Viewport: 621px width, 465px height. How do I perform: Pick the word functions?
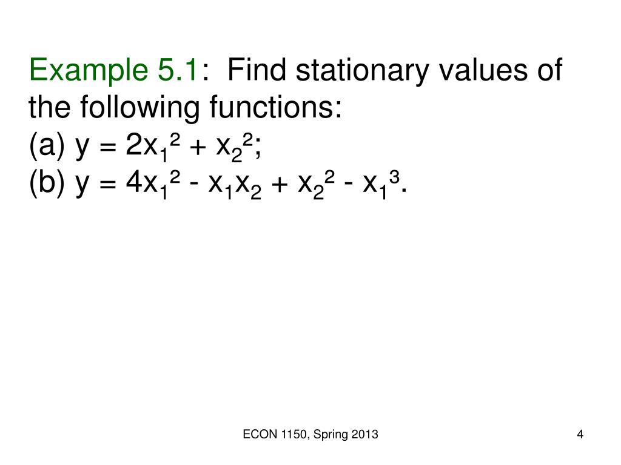tap(276, 108)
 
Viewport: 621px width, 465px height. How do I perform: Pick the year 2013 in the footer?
tap(365, 434)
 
